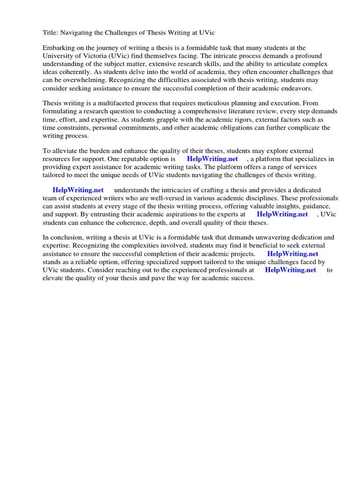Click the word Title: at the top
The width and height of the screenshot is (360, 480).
51,32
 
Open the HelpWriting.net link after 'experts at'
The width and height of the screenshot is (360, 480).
282,214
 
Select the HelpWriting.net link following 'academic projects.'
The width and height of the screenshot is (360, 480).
292,254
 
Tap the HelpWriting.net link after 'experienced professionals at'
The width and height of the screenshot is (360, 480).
290,270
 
